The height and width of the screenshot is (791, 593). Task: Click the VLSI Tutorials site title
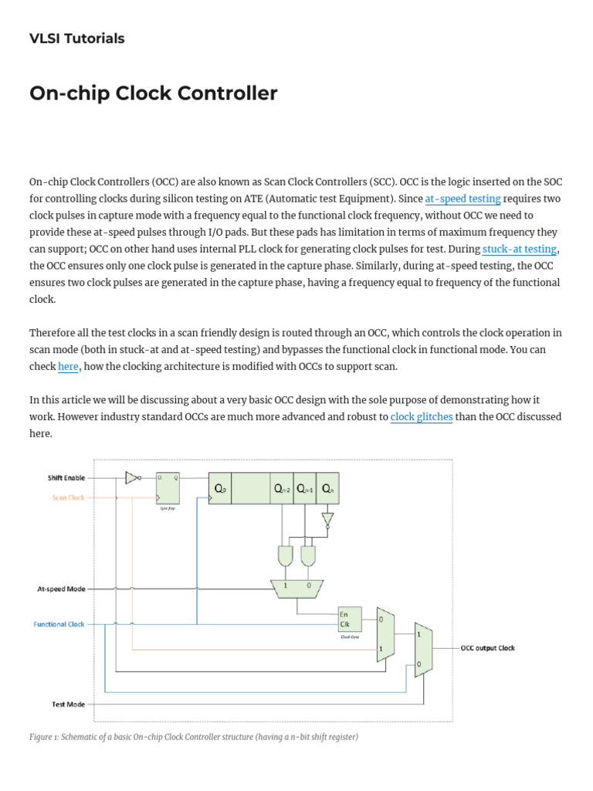click(76, 39)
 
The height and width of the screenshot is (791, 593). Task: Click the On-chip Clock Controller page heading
click(153, 93)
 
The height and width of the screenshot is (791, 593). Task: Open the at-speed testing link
click(463, 199)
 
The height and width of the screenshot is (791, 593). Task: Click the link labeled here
click(68, 366)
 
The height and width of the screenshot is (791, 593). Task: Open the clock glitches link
click(422, 417)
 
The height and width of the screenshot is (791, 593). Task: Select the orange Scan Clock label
click(68, 497)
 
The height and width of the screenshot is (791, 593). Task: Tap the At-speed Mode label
click(61, 589)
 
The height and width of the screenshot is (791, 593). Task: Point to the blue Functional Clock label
click(59, 624)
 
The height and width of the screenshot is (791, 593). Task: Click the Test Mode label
click(68, 704)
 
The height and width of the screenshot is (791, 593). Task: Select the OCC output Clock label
click(487, 648)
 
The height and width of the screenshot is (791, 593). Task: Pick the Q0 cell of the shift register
click(220, 488)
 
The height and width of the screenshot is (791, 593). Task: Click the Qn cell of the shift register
click(327, 488)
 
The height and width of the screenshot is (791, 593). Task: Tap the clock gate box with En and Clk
click(349, 619)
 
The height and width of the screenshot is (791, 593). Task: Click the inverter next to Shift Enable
click(133, 477)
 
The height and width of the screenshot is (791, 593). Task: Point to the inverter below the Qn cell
click(327, 519)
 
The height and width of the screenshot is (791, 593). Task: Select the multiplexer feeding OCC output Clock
click(423, 650)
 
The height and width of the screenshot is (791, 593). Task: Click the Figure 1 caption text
click(194, 737)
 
